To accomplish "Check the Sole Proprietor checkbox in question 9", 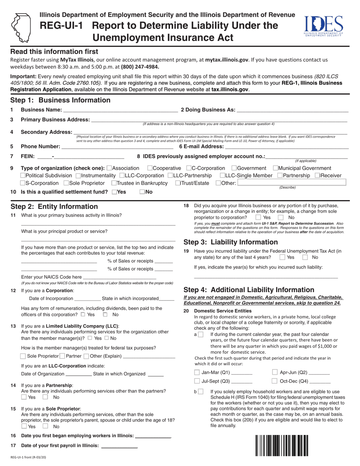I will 66,183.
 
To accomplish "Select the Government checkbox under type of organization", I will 234,168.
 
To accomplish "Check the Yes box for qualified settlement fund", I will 114,192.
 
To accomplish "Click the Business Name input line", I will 121,111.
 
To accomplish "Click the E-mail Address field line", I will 286,147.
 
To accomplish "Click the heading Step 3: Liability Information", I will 230,242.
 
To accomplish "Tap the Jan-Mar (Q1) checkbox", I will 197,372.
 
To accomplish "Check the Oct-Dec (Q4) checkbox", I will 275,381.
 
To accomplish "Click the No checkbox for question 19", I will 305,257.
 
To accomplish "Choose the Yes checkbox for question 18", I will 258,217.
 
